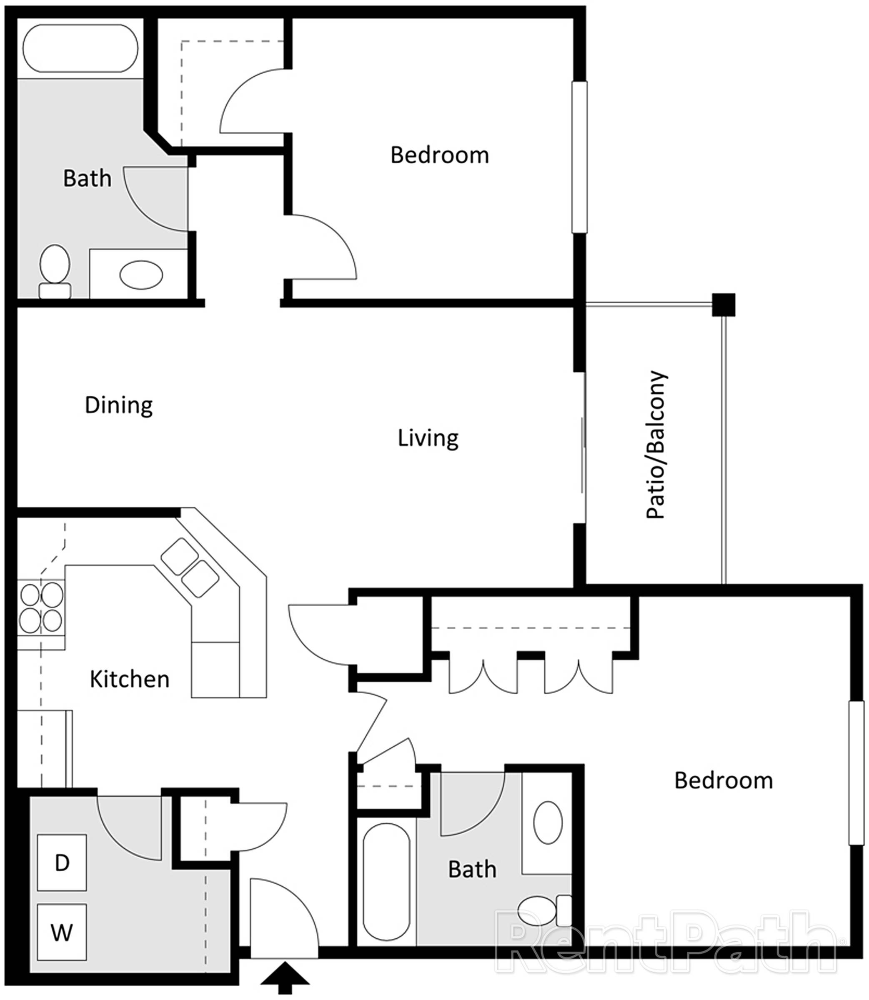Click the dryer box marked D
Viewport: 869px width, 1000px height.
(62, 862)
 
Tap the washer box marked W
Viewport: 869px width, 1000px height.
(62, 932)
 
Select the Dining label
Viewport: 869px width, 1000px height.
(119, 405)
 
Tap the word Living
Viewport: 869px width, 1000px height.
(428, 438)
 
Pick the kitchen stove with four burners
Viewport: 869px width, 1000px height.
(41, 608)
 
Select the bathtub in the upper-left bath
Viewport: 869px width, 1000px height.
(80, 48)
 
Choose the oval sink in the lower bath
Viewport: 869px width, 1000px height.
(548, 822)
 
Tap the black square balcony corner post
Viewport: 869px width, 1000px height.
(724, 305)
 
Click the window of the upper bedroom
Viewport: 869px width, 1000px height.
(579, 157)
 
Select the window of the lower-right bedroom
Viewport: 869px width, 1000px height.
(856, 772)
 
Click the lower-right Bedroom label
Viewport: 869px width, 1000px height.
(724, 781)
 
